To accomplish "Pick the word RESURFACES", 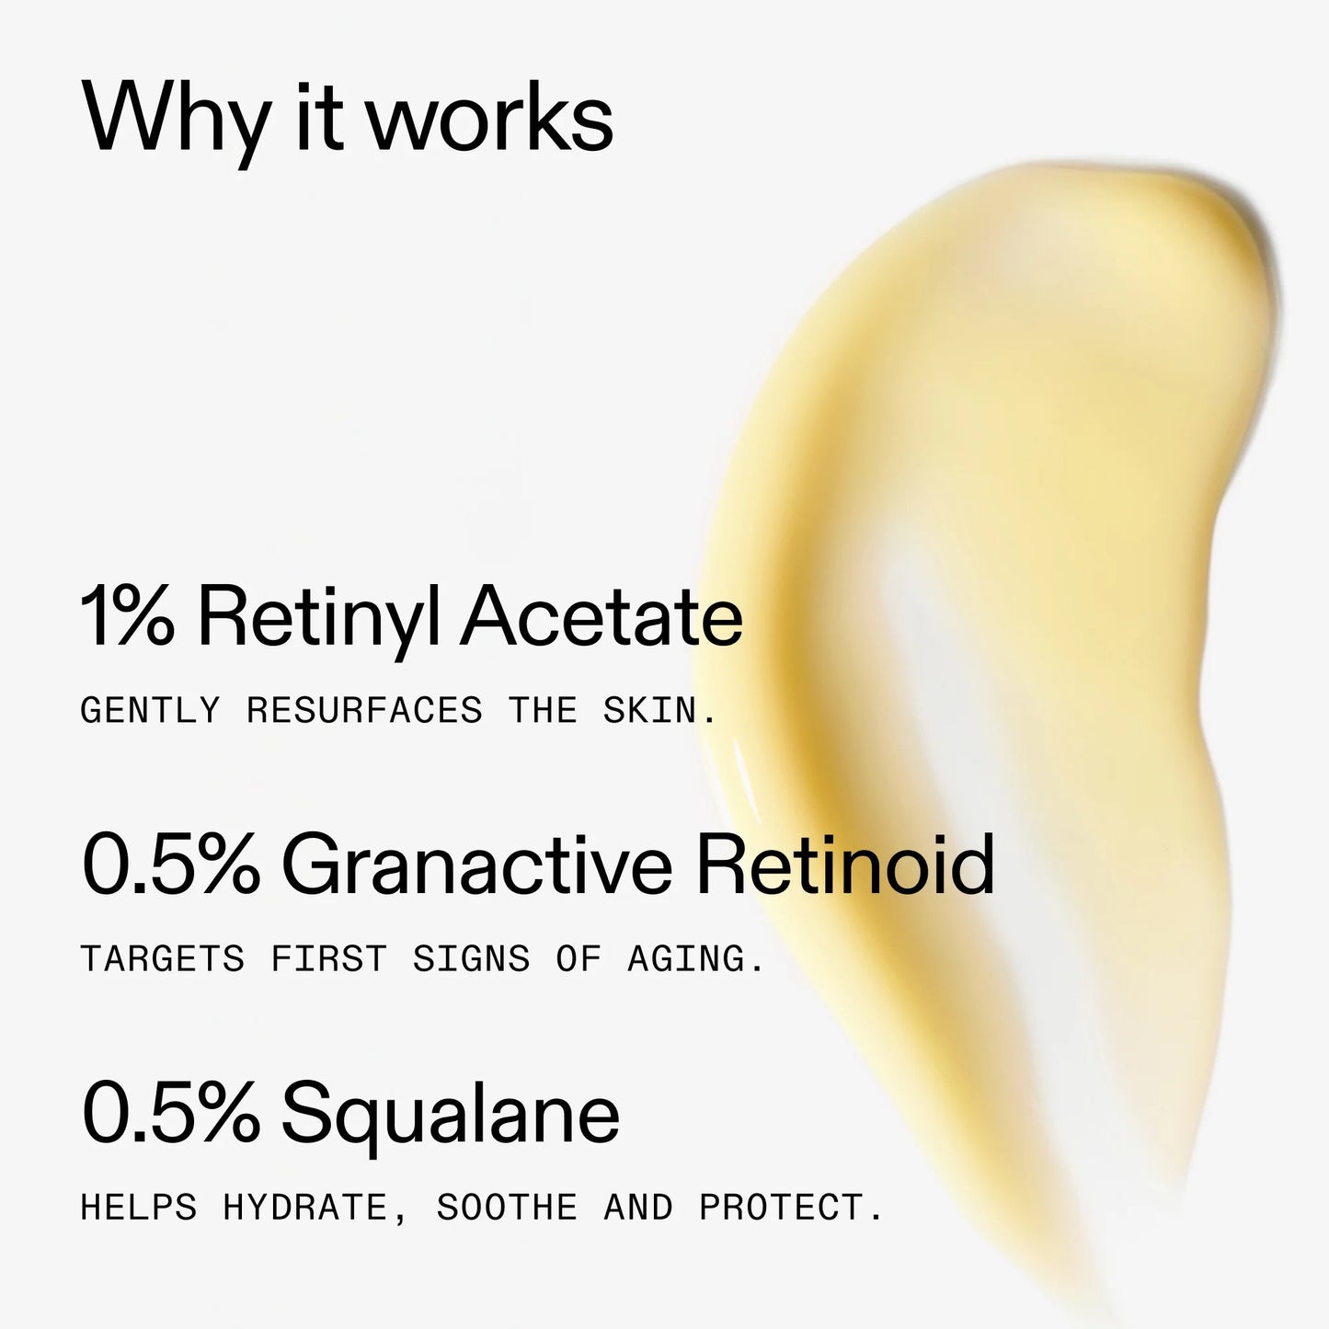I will tap(364, 711).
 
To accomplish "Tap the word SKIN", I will tap(659, 711).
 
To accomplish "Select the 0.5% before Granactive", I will tap(171, 865).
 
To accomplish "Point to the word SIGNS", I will tap(471, 959).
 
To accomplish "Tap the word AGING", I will tap(694, 959).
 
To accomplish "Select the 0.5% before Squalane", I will tap(171, 1113).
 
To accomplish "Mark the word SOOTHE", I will tap(507, 1208).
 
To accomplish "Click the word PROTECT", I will tap(790, 1208).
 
